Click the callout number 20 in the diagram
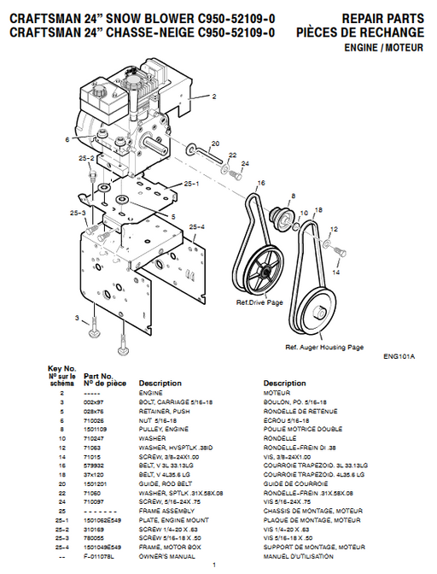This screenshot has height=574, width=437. (x=215, y=143)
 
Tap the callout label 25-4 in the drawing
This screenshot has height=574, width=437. (x=196, y=226)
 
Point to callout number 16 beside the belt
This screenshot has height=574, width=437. (x=260, y=183)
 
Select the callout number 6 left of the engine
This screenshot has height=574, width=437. (x=66, y=138)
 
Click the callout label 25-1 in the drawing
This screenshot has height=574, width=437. (x=190, y=183)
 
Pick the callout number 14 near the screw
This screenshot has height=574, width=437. (x=335, y=273)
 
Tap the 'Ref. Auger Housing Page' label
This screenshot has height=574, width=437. (x=324, y=347)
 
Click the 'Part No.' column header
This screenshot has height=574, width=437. (x=96, y=376)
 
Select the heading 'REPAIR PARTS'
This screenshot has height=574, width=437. (x=382, y=17)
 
